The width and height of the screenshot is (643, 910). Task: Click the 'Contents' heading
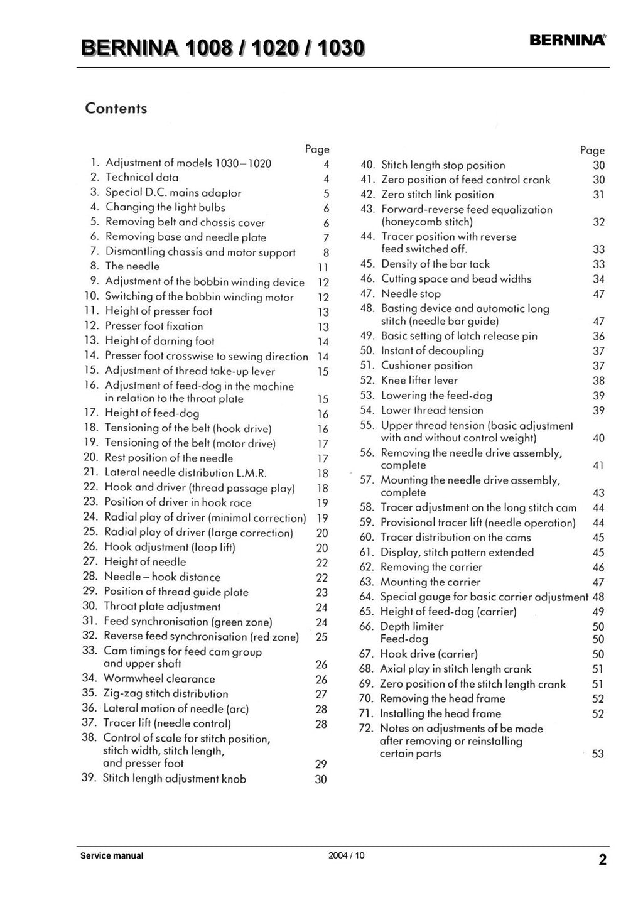coord(116,109)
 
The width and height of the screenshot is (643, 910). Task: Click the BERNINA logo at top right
coord(568,40)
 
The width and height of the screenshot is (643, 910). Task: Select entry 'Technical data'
coord(142,178)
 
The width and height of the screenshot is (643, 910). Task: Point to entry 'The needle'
coord(132,266)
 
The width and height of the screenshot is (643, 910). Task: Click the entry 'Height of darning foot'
coord(159,341)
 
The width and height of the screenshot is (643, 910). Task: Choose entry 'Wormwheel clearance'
coord(159,678)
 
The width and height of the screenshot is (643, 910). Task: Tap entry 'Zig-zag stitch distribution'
coord(166,693)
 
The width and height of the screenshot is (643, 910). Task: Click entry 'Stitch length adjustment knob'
coord(175,779)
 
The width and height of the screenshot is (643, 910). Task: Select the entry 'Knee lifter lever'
coord(419,381)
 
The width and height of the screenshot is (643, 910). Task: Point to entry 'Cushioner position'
coord(427,366)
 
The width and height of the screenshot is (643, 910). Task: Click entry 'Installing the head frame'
coord(440,713)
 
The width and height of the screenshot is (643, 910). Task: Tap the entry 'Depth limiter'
coord(412,626)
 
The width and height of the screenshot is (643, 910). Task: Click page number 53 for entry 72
coord(598,754)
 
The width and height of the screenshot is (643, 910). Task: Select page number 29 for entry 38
coord(321,764)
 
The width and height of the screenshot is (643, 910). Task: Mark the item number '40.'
coord(368,165)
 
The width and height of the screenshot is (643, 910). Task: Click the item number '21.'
coord(92,473)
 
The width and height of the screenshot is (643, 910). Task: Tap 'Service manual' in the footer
coord(112,855)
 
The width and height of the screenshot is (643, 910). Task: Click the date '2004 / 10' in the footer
coord(346,855)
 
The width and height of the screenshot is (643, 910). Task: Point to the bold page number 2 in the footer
coord(602,860)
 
